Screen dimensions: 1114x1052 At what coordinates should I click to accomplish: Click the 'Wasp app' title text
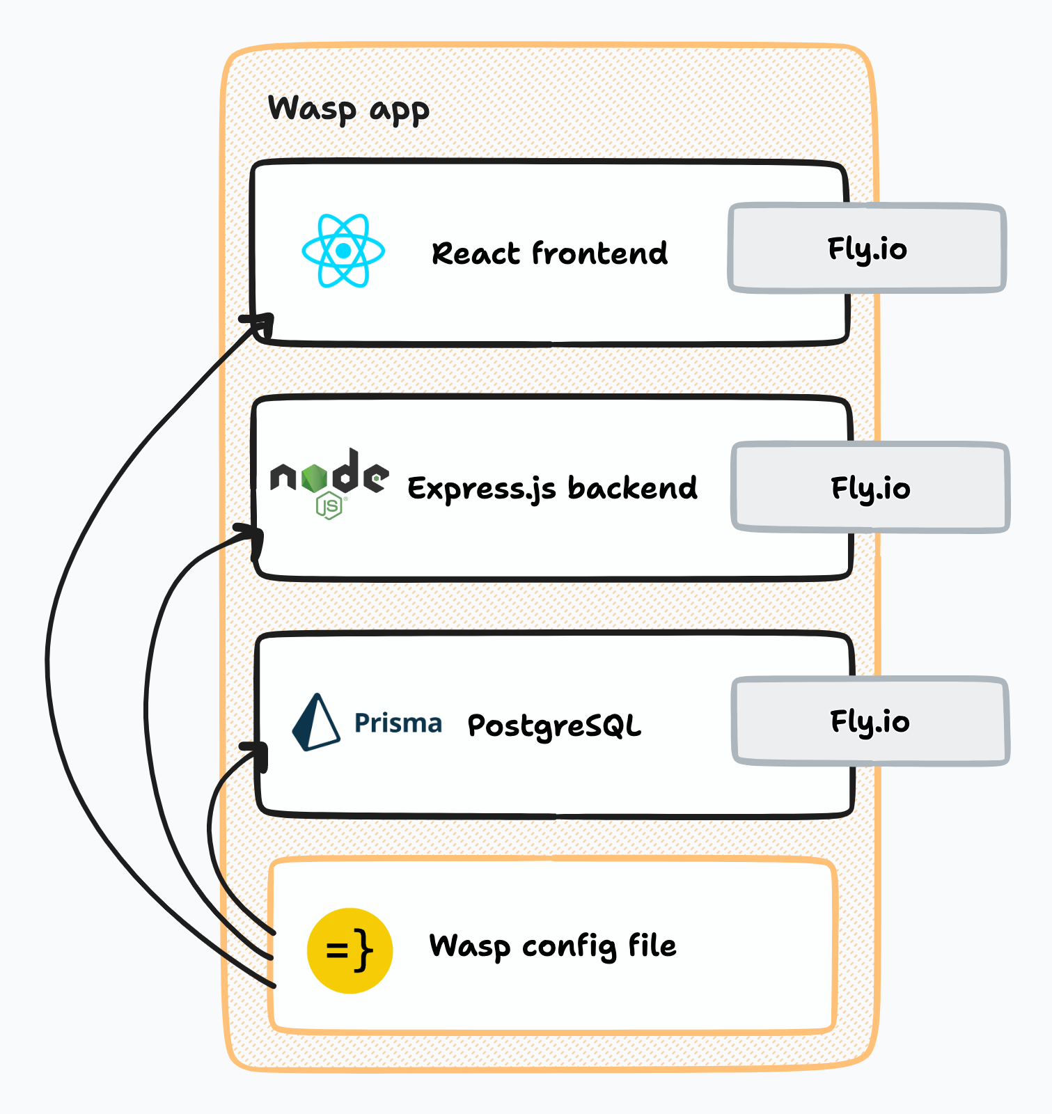tap(348, 110)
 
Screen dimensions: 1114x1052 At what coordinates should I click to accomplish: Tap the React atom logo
tap(343, 251)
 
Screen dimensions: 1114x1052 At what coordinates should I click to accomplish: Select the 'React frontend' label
tap(549, 253)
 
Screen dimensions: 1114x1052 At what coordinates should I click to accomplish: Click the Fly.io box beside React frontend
tap(867, 249)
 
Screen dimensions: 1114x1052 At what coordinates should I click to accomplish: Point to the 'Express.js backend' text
tap(551, 489)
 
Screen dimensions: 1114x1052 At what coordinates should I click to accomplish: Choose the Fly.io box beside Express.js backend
tap(870, 488)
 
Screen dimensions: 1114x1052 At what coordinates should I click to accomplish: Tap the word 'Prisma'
tap(398, 723)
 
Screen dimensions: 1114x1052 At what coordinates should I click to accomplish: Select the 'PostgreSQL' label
tap(554, 726)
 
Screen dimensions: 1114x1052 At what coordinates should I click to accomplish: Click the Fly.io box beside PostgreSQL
tap(870, 722)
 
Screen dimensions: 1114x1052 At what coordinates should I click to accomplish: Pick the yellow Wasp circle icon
tap(350, 950)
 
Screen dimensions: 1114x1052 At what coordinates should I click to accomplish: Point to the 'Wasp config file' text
tap(553, 946)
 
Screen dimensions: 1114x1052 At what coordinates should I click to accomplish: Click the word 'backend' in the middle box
tap(632, 488)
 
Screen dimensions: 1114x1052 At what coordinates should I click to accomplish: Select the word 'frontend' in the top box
tap(599, 253)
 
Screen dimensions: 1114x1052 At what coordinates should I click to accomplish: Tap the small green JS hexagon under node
tap(329, 505)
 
